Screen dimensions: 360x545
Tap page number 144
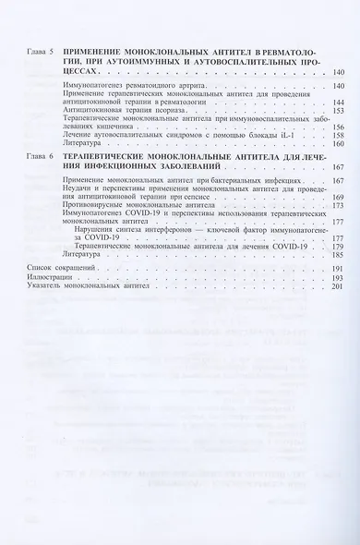[x=339, y=102]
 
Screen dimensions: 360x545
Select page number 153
[x=339, y=111]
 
